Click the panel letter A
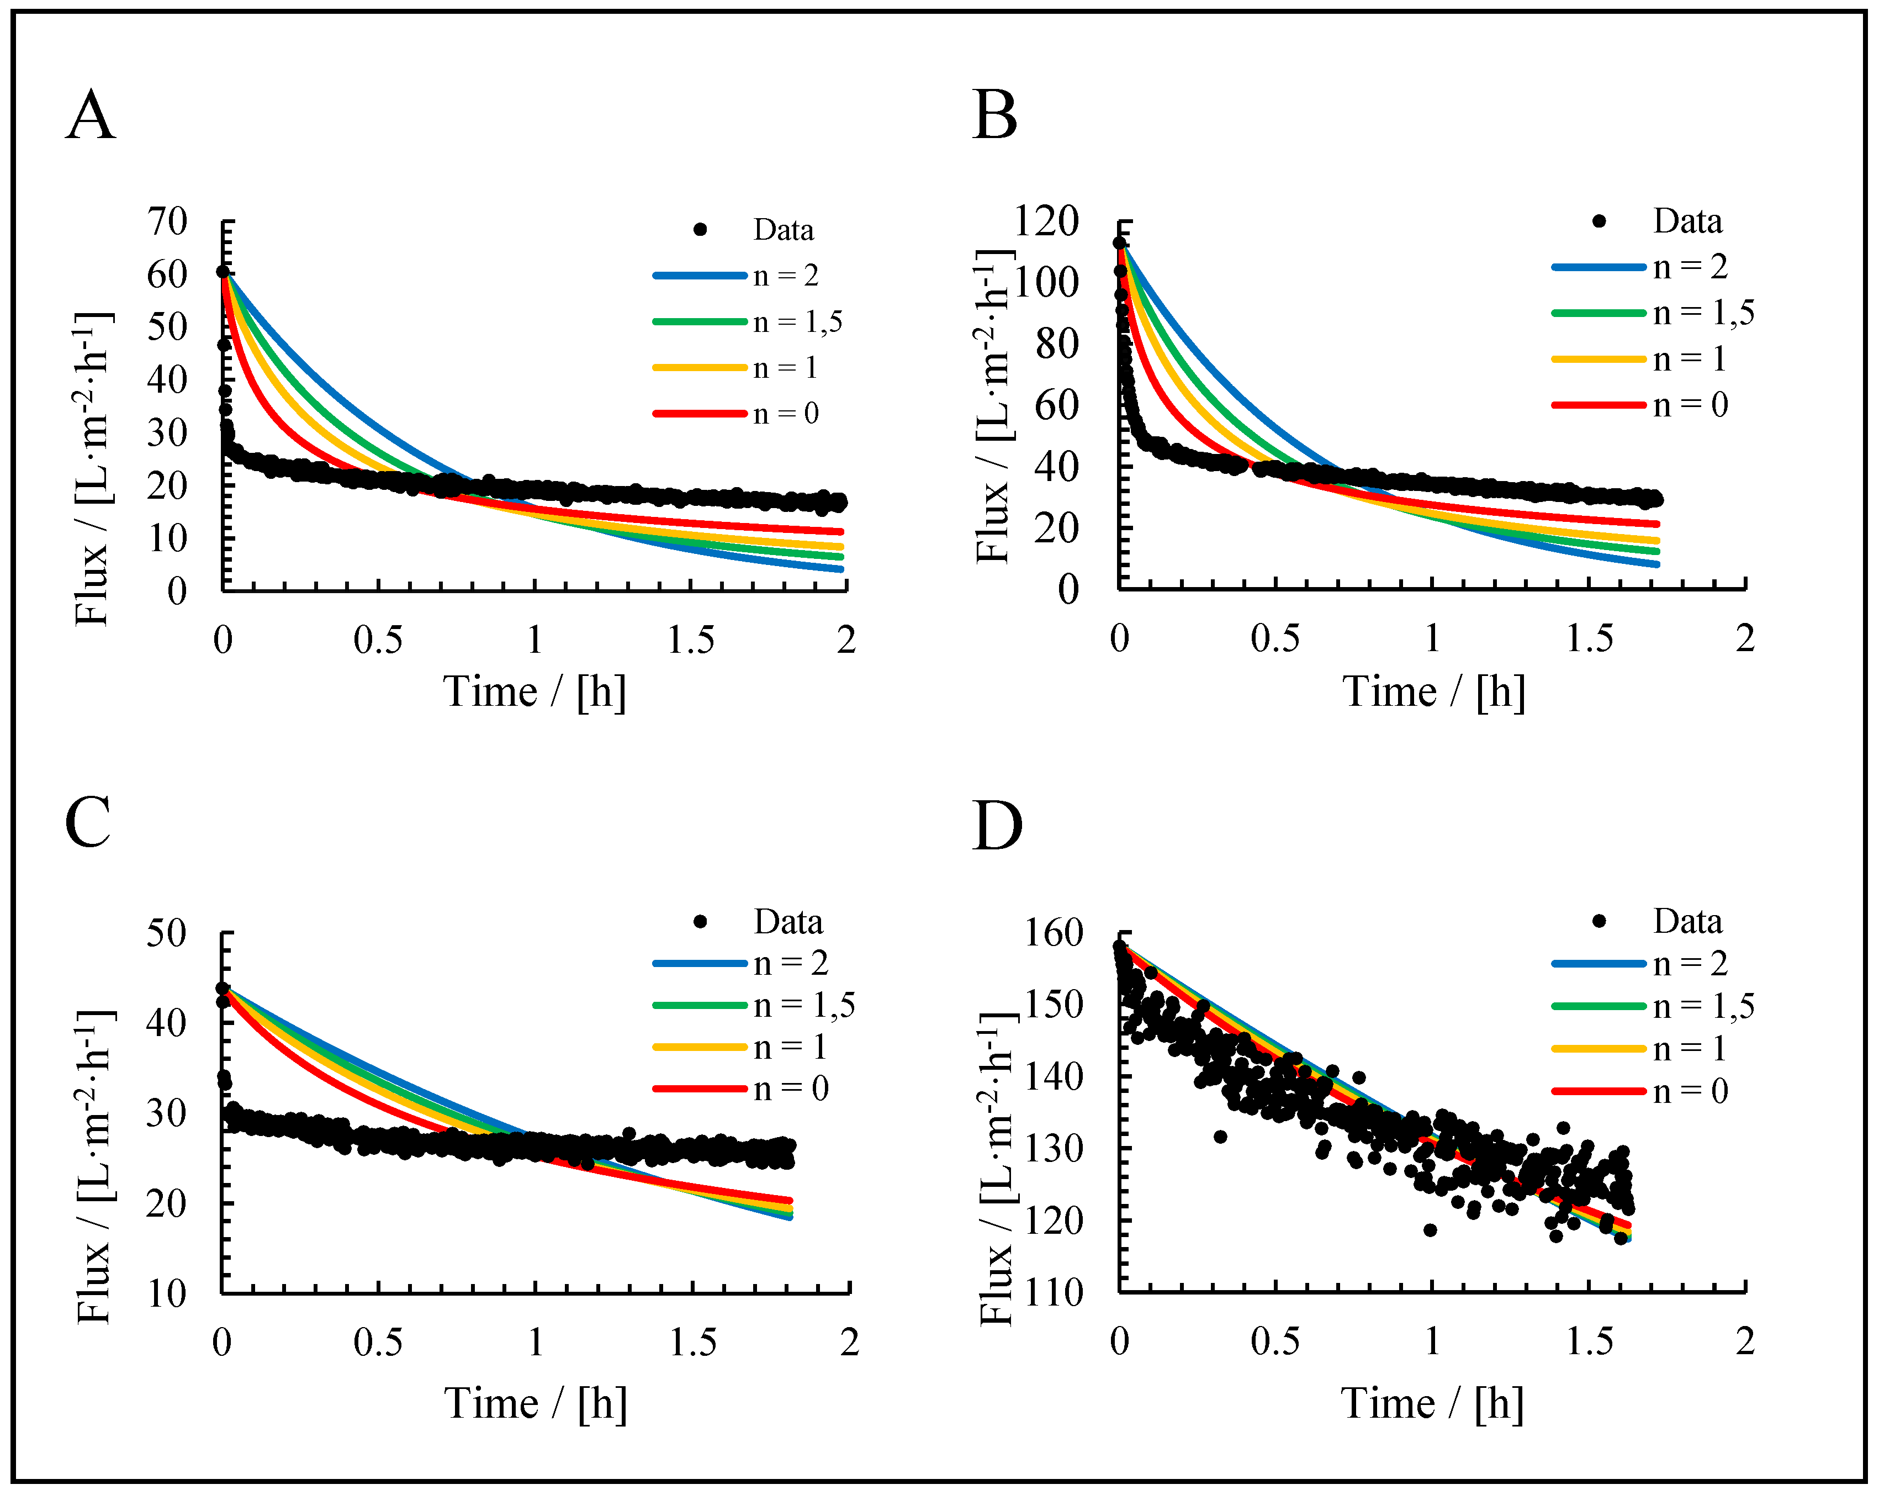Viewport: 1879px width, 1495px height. [x=90, y=116]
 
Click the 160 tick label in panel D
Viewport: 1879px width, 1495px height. [x=1053, y=933]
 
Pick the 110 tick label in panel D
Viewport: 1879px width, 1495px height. [x=1053, y=1293]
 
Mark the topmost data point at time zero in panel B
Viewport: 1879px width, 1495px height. [x=1119, y=243]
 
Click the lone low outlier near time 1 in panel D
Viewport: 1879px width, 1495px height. [x=1430, y=1230]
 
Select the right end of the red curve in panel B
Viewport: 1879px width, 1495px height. [x=1657, y=524]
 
